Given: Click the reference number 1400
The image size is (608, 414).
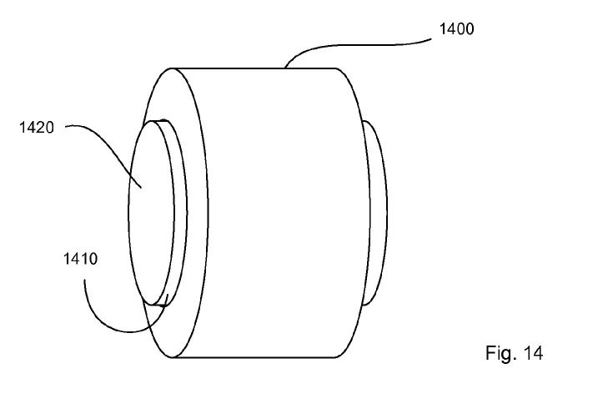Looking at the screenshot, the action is (x=456, y=29).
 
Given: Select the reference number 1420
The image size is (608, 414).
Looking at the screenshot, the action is (x=37, y=127).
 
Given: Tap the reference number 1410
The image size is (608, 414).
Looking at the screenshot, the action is (x=80, y=259).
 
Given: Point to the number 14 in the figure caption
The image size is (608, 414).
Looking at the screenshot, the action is (x=533, y=353).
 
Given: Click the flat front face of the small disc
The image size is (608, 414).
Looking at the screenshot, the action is (x=151, y=213).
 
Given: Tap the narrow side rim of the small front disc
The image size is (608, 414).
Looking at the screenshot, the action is (x=181, y=213).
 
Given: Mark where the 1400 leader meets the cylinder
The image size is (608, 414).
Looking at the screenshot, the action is (x=285, y=68).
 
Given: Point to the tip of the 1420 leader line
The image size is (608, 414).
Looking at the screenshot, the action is (x=142, y=188).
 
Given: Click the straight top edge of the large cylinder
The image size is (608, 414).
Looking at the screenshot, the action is (x=254, y=68).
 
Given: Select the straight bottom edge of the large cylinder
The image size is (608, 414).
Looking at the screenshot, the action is (x=254, y=357).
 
